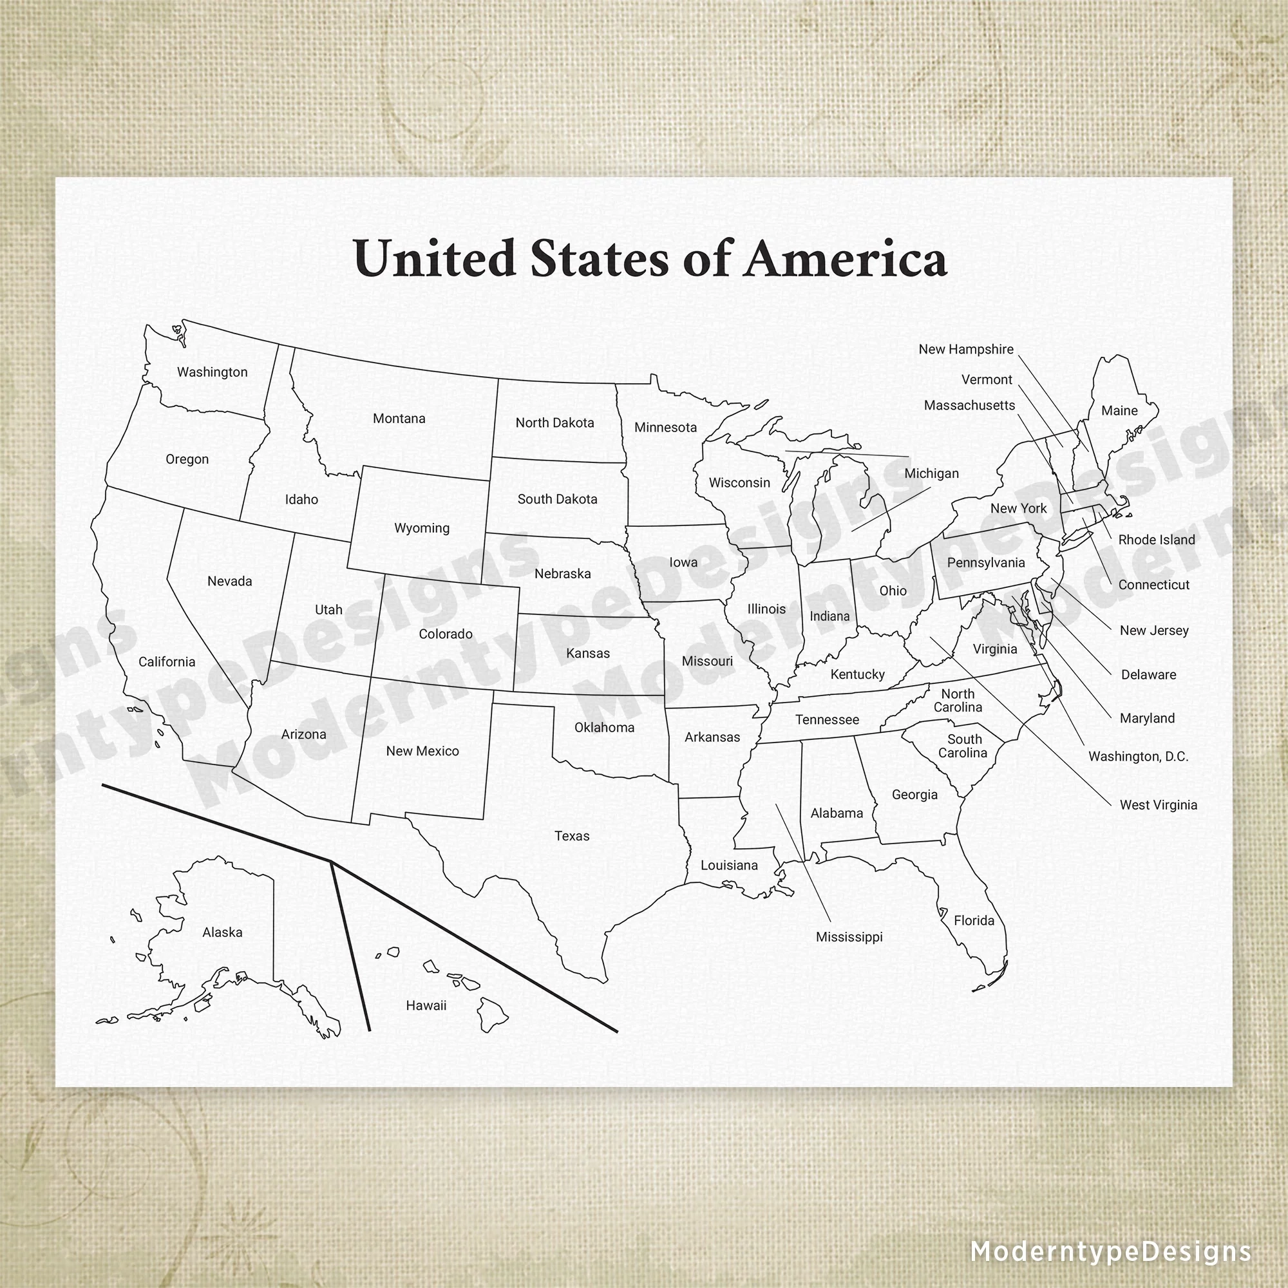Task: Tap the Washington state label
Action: [212, 372]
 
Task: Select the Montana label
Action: [399, 419]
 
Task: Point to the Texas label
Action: [572, 836]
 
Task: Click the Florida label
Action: [974, 921]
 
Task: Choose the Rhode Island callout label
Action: [1157, 540]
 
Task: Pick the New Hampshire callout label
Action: [966, 349]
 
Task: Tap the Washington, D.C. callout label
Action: [1139, 757]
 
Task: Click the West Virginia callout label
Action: [1159, 806]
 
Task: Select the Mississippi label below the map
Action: [849, 937]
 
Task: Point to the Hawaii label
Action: [426, 1005]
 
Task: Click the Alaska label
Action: [223, 933]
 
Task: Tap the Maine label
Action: [1119, 411]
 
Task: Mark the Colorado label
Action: [446, 634]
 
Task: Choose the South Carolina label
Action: [963, 746]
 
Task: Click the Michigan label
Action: [931, 473]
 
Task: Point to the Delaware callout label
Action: [1149, 675]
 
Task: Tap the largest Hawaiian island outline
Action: [493, 1014]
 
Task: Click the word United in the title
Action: [435, 259]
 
